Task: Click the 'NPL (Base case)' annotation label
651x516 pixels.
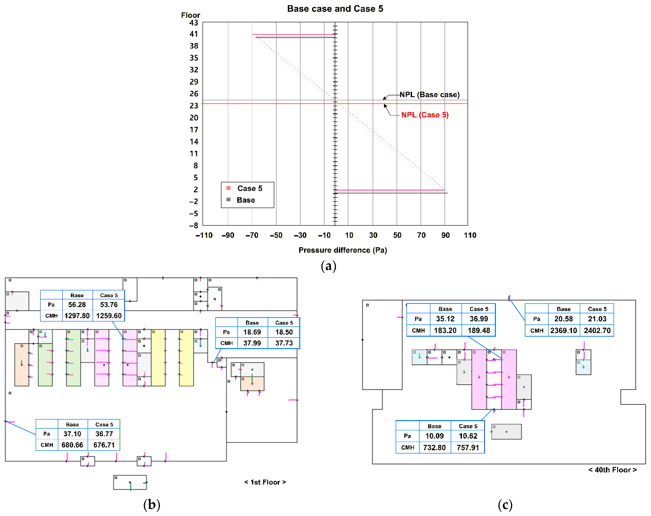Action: [429, 95]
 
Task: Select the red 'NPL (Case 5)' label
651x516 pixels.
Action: [425, 115]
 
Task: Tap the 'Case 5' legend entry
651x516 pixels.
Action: [249, 188]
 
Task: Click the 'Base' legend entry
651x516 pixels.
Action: [246, 200]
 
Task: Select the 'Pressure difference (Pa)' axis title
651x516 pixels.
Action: [342, 250]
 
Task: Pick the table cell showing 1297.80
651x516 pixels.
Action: [77, 316]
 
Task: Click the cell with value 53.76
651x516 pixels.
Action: [109, 305]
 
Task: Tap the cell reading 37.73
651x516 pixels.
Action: [284, 343]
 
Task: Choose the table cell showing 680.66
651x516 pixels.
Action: [72, 445]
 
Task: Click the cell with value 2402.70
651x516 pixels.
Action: [597, 330]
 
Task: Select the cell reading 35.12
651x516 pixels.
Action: [445, 319]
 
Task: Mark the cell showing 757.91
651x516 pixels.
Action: [468, 448]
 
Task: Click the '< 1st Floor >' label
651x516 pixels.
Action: [265, 482]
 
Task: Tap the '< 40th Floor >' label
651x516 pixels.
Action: [612, 470]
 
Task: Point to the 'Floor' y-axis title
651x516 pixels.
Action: [191, 15]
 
